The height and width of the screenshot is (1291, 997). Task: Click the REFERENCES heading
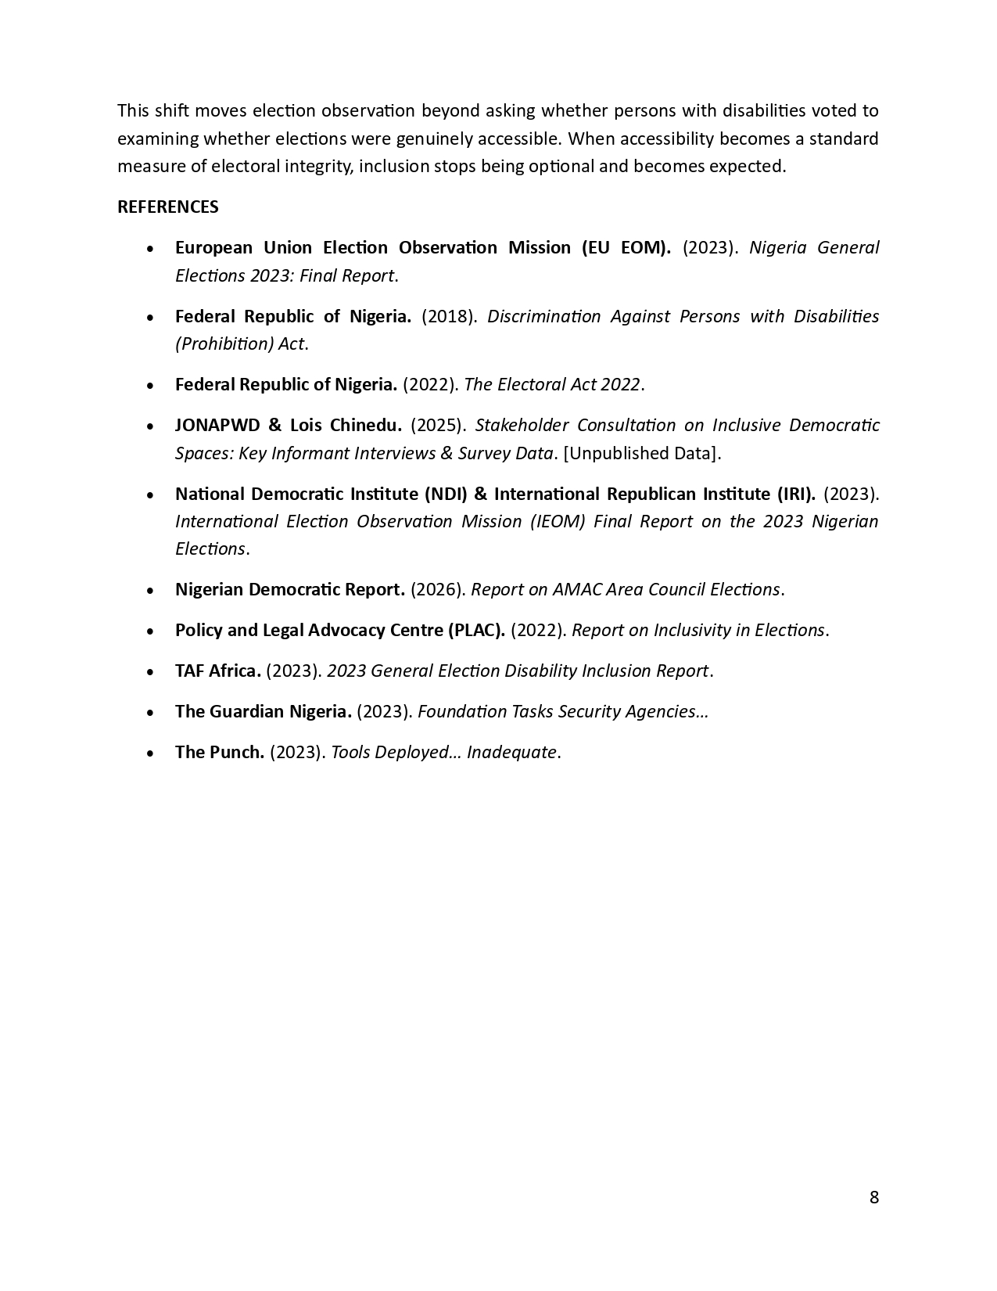pyautogui.click(x=167, y=207)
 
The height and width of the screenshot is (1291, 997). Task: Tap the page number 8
pyautogui.click(x=873, y=1197)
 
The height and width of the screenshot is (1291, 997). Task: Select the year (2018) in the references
pyautogui.click(x=449, y=316)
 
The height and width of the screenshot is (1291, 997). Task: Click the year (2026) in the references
pyautogui.click(x=438, y=589)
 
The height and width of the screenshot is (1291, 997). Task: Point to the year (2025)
pyautogui.click(x=438, y=425)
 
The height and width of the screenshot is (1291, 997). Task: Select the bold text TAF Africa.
pyautogui.click(x=217, y=671)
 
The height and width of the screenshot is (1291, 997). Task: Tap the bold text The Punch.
pyautogui.click(x=220, y=752)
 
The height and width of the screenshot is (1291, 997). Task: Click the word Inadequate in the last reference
pyautogui.click(x=511, y=752)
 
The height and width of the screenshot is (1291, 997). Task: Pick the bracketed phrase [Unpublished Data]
pyautogui.click(x=642, y=453)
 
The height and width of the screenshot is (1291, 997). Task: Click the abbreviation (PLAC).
pyautogui.click(x=475, y=630)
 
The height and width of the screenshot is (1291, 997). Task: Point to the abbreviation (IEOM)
pyautogui.click(x=558, y=521)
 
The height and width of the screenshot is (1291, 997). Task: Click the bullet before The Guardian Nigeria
pyautogui.click(x=150, y=712)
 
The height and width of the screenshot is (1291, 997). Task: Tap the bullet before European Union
pyautogui.click(x=150, y=248)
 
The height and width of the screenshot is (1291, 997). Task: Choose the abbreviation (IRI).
pyautogui.click(x=795, y=494)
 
